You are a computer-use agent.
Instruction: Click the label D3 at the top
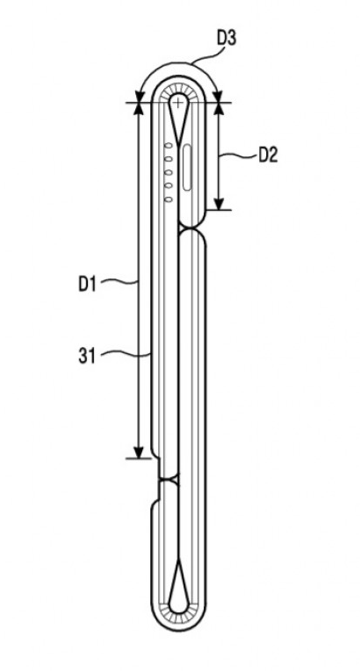(x=227, y=38)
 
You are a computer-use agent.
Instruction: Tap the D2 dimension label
(x=268, y=155)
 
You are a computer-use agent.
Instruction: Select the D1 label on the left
(x=87, y=285)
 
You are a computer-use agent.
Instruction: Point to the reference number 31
(x=86, y=356)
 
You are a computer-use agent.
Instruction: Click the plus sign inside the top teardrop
(x=176, y=103)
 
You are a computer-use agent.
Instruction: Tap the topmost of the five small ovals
(x=169, y=146)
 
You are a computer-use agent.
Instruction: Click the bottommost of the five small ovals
(x=169, y=199)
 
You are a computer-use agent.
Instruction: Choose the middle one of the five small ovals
(x=169, y=172)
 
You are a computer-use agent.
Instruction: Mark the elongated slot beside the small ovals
(x=188, y=168)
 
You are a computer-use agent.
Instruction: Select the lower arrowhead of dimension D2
(x=219, y=204)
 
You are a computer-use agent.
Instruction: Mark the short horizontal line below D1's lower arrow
(x=139, y=458)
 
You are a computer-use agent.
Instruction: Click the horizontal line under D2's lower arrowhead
(x=219, y=210)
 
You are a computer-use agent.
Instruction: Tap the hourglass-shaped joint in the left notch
(x=169, y=480)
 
